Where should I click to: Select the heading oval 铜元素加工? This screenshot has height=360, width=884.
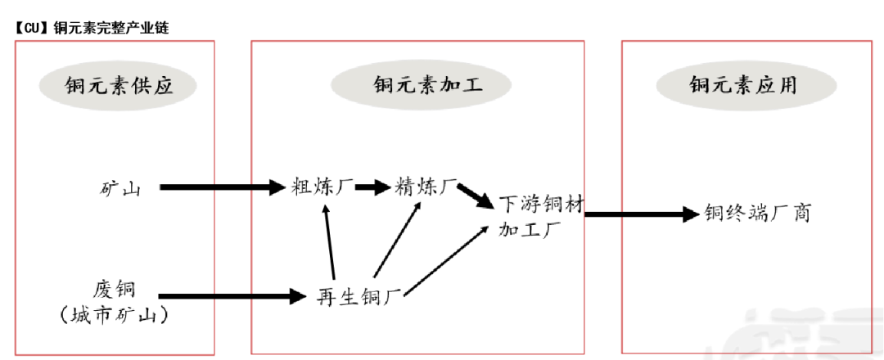pyautogui.click(x=421, y=85)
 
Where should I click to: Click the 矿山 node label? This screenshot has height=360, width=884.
pyautogui.click(x=117, y=189)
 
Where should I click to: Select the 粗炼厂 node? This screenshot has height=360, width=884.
pyautogui.click(x=323, y=187)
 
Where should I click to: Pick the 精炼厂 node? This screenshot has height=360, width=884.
pyautogui.click(x=426, y=187)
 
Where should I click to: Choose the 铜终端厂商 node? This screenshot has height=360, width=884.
pyautogui.click(x=757, y=214)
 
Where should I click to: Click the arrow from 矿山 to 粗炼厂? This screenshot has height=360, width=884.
pyautogui.click(x=221, y=188)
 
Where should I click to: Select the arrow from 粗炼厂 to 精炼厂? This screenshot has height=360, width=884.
pyautogui.click(x=372, y=187)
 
